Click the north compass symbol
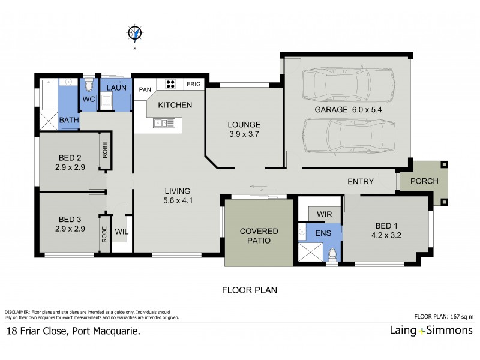(135, 33)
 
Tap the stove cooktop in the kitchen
(170, 85)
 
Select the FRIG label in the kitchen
(194, 85)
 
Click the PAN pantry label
(145, 89)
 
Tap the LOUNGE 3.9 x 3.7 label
(243, 130)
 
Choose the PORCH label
(424, 181)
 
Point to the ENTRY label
(361, 181)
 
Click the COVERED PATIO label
(259, 236)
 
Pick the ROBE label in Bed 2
(106, 150)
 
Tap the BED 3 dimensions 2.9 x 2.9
(70, 229)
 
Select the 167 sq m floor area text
(461, 316)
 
